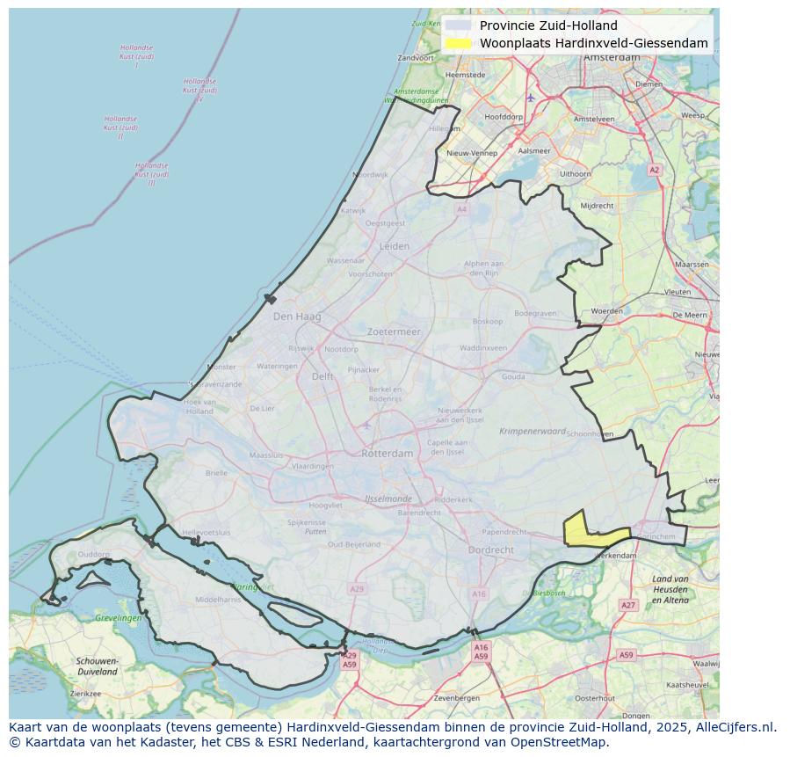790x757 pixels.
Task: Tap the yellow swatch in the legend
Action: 458,43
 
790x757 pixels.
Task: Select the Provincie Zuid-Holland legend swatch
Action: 458,25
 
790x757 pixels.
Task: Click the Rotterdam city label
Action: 387,454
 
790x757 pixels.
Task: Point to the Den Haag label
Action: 297,317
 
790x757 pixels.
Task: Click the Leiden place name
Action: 395,246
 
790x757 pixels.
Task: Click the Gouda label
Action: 513,376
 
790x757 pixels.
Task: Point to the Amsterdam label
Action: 612,57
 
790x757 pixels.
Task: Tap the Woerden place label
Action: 606,311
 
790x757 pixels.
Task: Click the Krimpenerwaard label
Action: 533,432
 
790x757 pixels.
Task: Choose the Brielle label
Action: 216,472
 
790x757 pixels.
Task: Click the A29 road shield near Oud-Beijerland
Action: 356,589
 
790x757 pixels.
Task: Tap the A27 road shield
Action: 627,605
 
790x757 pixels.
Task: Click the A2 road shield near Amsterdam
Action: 654,170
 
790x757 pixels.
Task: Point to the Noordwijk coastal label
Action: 370,175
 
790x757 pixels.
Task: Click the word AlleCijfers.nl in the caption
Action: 733,727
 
